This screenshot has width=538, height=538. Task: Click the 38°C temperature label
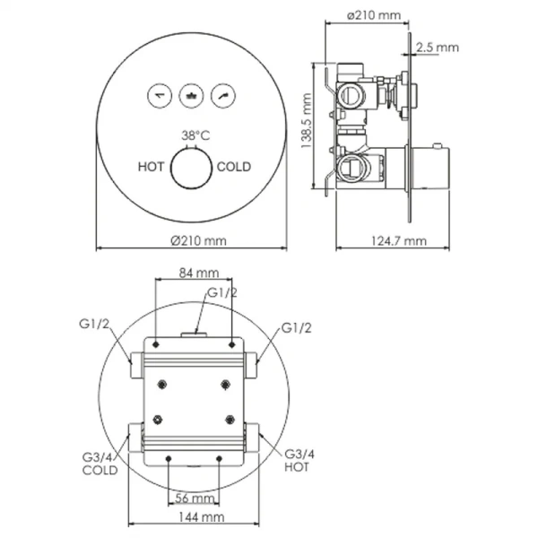click(195, 134)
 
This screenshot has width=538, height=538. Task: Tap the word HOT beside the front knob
click(152, 167)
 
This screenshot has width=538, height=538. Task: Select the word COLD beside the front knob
click(234, 167)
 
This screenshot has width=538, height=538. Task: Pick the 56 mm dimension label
click(193, 497)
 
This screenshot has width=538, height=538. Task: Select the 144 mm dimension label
click(196, 518)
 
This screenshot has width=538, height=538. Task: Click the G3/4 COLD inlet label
click(99, 463)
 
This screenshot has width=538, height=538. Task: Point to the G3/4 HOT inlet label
click(299, 463)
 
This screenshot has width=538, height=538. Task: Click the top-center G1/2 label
click(221, 292)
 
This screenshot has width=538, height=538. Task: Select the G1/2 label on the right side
click(297, 328)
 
